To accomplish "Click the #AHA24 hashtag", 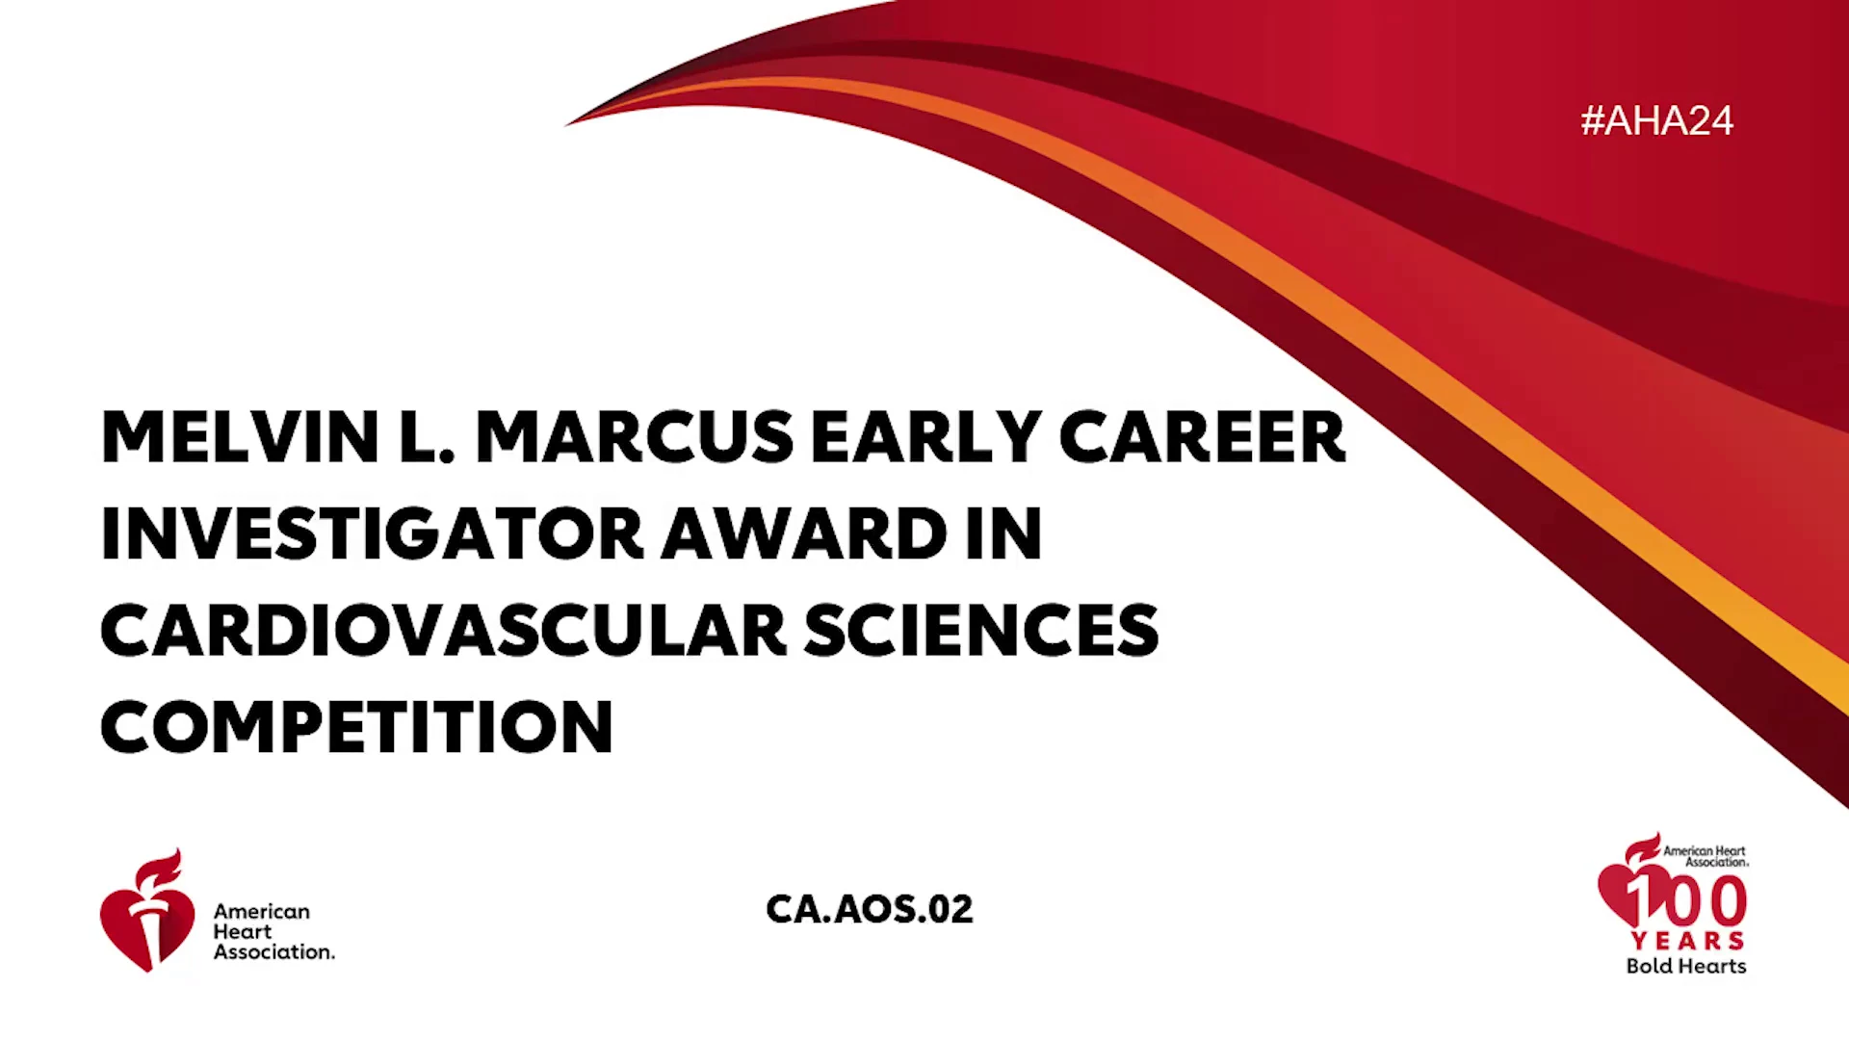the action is [1656, 120].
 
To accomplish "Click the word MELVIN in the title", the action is [240, 437].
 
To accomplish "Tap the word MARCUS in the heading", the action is [635, 437].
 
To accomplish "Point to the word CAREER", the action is [1202, 437].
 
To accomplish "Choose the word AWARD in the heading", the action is [804, 533].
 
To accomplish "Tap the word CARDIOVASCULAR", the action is [444, 631].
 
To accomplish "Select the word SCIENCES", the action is [981, 631].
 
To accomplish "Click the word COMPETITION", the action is [356, 727].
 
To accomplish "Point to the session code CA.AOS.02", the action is [870, 909].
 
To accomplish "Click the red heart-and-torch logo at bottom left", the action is [147, 910].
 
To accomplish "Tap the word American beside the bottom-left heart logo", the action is [262, 911].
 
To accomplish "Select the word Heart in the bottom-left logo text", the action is [243, 931].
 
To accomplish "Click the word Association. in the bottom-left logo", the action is [274, 951].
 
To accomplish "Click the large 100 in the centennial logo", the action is [1685, 900].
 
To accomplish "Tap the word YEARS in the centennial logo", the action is [1688, 940].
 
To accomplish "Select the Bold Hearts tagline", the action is [1686, 966].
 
